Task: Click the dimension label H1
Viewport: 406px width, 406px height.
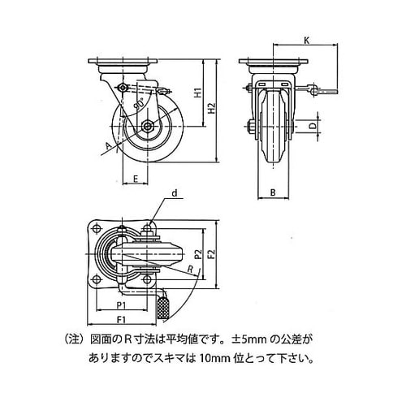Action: tap(199, 93)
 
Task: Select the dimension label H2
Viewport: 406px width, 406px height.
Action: tap(212, 108)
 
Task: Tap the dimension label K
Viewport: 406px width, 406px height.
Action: tap(306, 41)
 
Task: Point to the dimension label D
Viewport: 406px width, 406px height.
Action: tap(313, 126)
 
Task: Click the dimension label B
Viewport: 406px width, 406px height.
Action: tap(273, 192)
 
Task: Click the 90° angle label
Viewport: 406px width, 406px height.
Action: tap(139, 105)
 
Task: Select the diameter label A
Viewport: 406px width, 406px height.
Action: tap(108, 146)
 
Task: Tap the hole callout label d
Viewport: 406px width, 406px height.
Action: tap(175, 193)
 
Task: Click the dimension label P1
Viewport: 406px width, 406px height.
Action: tap(122, 305)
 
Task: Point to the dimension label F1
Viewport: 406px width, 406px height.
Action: tap(122, 320)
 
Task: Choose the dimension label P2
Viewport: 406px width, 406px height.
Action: tap(199, 254)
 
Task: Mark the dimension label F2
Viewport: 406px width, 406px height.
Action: tap(212, 254)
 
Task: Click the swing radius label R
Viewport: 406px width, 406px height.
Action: tap(191, 269)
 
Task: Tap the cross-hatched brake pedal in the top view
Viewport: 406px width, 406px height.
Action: tap(163, 308)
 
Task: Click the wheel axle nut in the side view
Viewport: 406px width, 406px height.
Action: tap(148, 126)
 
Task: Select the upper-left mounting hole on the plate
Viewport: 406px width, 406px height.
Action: tap(95, 229)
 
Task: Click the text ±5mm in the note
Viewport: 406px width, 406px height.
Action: tap(249, 339)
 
